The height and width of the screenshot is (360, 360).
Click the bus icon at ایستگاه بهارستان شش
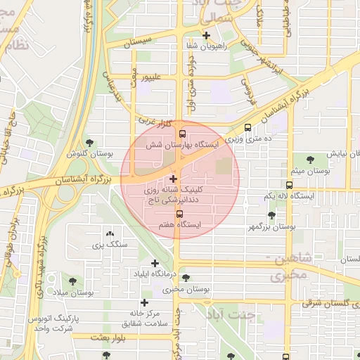[183, 134]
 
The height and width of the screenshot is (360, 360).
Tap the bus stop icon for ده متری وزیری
[247, 128]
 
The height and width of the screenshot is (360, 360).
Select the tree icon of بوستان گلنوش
[89, 143]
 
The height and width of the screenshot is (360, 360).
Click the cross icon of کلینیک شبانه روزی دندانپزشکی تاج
[174, 179]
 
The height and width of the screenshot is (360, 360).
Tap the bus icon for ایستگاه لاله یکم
[290, 186]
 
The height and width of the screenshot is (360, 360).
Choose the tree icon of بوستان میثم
[311, 160]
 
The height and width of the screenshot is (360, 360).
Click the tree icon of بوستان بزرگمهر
[271, 216]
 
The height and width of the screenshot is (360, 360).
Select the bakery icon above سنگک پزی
[109, 234]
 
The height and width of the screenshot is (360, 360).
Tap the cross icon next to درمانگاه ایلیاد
[155, 263]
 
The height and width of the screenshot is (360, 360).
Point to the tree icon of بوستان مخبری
[186, 278]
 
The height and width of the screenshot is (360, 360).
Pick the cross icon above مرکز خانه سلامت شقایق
[144, 302]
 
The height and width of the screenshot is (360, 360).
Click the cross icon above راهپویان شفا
[206, 35]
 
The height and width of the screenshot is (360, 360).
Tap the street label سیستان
[138, 44]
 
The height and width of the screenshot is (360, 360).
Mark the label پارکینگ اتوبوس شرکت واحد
[53, 323]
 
